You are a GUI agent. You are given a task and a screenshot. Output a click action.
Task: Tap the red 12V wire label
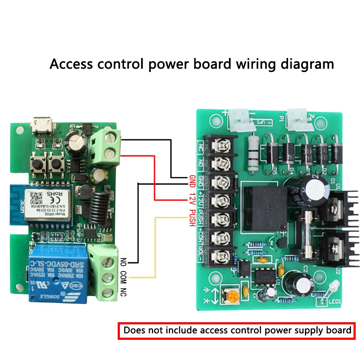[x=192, y=196]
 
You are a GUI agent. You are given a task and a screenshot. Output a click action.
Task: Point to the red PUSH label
[x=192, y=217]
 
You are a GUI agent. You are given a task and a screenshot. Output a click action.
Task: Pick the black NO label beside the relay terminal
[x=123, y=262]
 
